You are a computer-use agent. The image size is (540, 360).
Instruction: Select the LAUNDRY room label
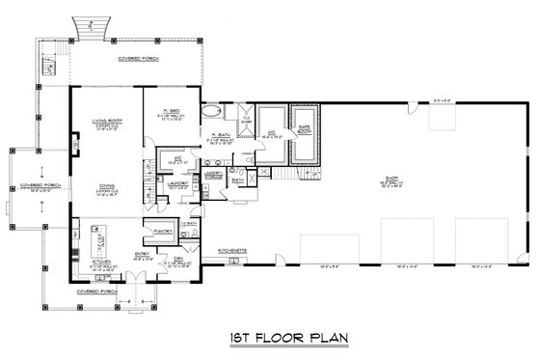(176, 182)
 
